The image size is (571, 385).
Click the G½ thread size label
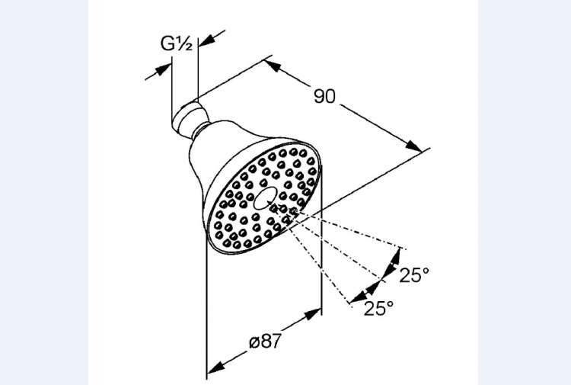[x=177, y=43]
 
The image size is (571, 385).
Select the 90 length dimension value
[x=324, y=96]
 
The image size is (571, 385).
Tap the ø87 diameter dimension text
[x=266, y=342]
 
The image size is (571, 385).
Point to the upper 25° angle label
[x=414, y=275]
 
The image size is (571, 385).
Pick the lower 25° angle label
[x=378, y=309]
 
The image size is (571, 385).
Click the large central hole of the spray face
[x=265, y=199]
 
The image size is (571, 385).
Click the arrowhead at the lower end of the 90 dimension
[x=414, y=145]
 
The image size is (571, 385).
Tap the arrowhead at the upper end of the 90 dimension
[x=273, y=66]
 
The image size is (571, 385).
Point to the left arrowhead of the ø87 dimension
[x=215, y=366]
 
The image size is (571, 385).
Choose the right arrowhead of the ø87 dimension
[x=313, y=314]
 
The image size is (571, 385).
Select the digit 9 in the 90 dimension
[x=319, y=96]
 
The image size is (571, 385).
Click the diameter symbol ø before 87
[x=254, y=342]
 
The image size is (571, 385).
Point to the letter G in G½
[x=167, y=43]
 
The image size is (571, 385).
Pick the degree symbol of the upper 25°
[x=426, y=271]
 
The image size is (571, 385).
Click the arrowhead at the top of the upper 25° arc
[x=395, y=256]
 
